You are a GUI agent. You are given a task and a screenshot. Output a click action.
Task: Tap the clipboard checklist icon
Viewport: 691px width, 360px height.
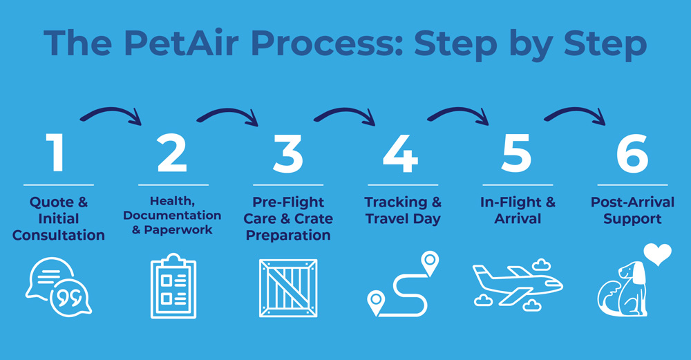point(173,287)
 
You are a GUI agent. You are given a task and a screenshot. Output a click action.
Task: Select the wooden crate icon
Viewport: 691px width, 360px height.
point(287,287)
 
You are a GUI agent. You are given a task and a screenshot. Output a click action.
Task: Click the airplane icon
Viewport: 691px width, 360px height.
point(517,283)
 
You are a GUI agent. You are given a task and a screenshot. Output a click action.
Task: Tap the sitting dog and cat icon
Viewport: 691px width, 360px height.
point(622,290)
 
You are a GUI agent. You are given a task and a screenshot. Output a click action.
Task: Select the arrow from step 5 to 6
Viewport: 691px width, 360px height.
point(576,114)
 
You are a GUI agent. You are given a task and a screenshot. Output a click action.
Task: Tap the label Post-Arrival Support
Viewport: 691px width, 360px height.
point(632,211)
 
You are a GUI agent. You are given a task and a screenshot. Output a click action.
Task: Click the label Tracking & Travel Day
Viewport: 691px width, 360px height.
point(402,211)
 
